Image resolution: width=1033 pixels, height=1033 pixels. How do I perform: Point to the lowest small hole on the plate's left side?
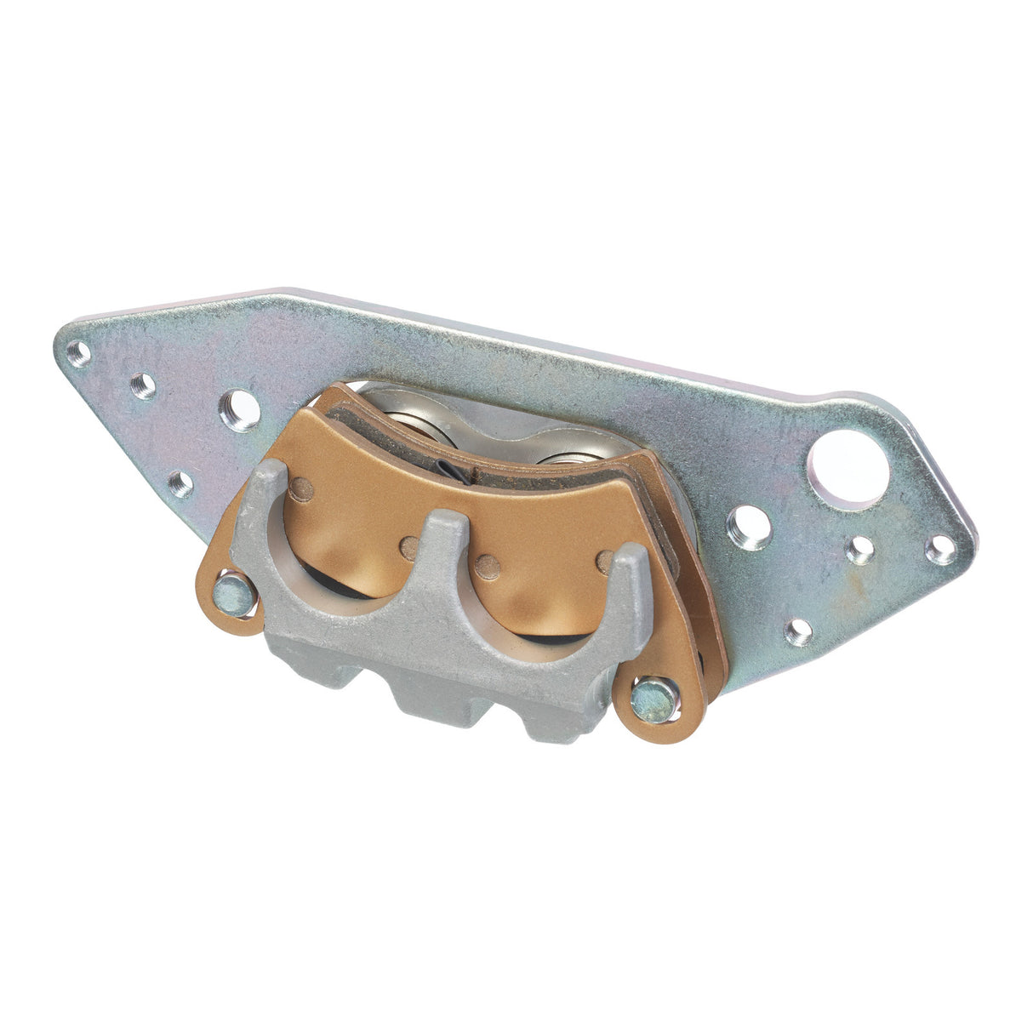click(180, 484)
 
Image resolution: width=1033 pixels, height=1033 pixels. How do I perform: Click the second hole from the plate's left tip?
click(143, 385)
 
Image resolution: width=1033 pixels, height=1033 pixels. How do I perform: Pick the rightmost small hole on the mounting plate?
click(940, 550)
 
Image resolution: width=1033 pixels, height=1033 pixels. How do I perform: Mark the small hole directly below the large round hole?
click(861, 550)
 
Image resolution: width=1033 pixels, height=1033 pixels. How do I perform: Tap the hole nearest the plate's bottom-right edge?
click(798, 631)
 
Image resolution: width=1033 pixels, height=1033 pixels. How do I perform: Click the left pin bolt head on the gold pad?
click(234, 595)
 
